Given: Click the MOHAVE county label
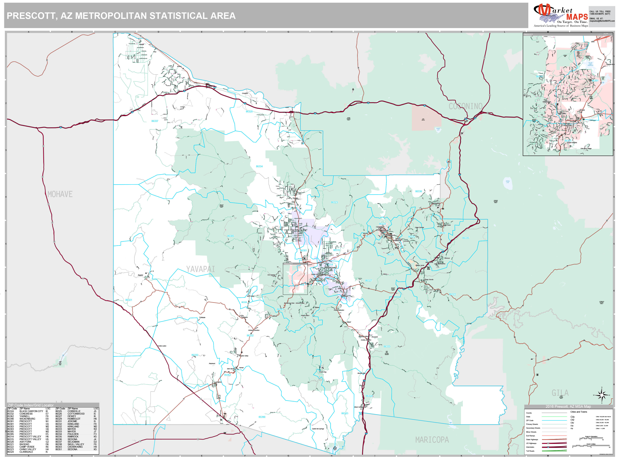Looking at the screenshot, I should [x=60, y=194].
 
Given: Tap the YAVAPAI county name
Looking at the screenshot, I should [x=201, y=269].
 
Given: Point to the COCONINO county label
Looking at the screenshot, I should [x=465, y=106].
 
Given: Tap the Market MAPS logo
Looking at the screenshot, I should [x=560, y=15].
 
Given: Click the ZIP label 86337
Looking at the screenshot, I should [x=155, y=121].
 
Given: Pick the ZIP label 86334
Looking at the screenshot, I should [x=259, y=166].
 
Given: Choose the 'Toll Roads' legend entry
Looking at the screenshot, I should [x=530, y=451].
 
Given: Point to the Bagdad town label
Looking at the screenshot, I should [x=140, y=275].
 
